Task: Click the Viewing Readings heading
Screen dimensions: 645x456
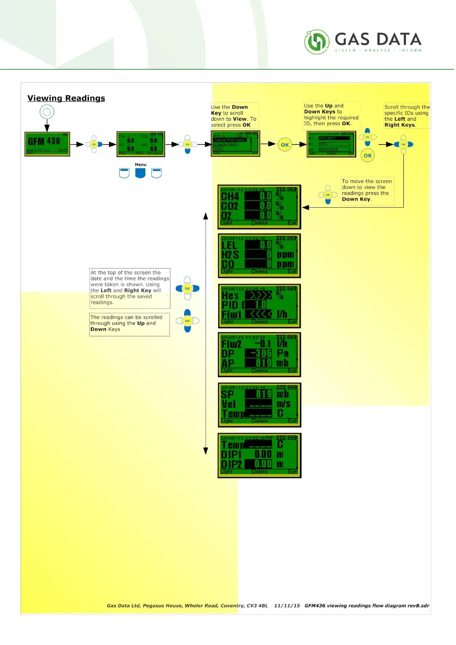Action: click(x=66, y=98)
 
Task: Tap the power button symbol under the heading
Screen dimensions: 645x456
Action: click(x=47, y=112)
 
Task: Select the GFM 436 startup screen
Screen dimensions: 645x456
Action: click(x=47, y=144)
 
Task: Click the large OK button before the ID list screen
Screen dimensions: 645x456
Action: click(x=285, y=145)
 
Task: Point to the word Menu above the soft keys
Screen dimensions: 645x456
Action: click(x=141, y=165)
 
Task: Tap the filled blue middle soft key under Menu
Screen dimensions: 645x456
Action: click(x=141, y=173)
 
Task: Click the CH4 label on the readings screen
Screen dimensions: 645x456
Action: click(x=230, y=196)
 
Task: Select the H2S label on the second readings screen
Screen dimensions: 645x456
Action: click(x=230, y=255)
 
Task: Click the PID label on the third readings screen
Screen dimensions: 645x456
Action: click(x=230, y=305)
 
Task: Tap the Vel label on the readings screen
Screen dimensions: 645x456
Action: click(x=229, y=404)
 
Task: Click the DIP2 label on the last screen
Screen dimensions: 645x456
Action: click(x=232, y=464)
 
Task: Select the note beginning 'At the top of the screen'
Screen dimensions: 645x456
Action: click(x=130, y=288)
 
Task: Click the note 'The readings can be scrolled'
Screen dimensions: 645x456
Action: click(x=129, y=324)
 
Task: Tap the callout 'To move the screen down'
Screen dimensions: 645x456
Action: click(x=367, y=190)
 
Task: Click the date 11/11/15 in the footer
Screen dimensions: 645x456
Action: click(x=287, y=606)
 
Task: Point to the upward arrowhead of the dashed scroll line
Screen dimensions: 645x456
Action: click(x=206, y=216)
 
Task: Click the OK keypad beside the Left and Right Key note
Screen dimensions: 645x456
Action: click(x=187, y=288)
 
